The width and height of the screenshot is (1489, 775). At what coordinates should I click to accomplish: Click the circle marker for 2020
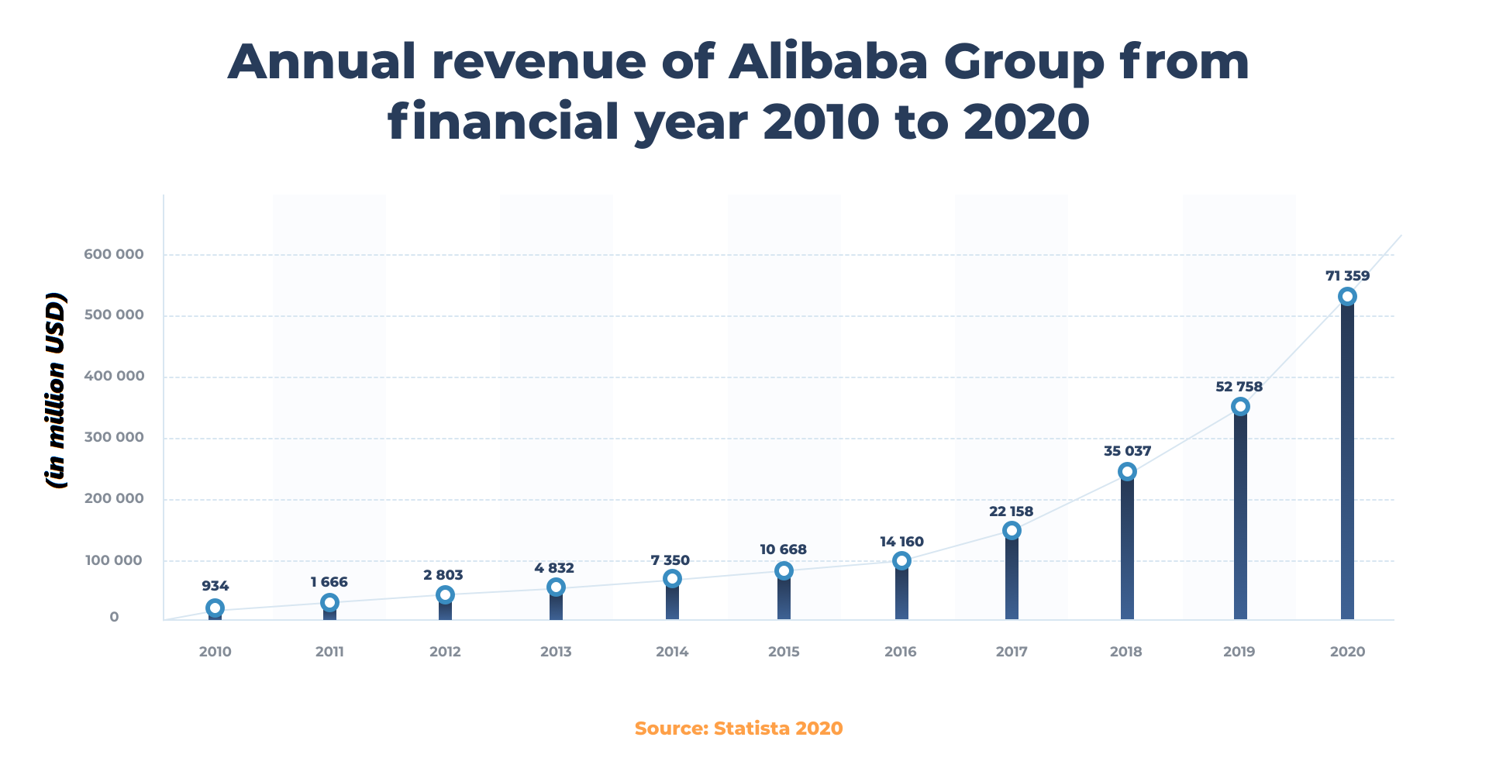coord(1347,297)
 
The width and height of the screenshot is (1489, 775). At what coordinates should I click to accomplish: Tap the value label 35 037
coord(1127,451)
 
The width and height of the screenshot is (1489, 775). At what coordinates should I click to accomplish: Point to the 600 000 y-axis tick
coord(114,254)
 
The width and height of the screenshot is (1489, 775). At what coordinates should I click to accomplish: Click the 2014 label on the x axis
coord(672,652)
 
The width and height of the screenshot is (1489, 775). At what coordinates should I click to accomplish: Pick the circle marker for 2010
coord(215,608)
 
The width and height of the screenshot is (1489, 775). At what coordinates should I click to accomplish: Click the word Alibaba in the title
coord(828,62)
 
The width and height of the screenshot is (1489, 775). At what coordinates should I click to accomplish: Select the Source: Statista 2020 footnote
coord(739,728)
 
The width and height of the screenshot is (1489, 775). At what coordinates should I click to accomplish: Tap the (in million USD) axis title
coord(56,391)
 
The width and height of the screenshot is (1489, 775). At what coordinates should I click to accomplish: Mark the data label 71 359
coord(1347,276)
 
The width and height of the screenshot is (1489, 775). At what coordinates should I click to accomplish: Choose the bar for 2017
coord(1012,577)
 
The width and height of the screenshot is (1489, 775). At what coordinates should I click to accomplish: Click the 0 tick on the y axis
coord(114,617)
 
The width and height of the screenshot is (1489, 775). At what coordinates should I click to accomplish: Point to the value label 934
coord(215,586)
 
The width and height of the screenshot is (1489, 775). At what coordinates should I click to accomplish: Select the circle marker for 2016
coord(901,560)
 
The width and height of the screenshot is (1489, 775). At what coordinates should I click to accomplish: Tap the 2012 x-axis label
coord(445,652)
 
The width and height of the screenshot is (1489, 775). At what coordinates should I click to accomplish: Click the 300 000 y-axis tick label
coord(114,437)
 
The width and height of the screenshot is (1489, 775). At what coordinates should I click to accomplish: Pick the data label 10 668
coord(783,549)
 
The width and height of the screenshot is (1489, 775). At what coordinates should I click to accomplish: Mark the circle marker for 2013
coord(555,587)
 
